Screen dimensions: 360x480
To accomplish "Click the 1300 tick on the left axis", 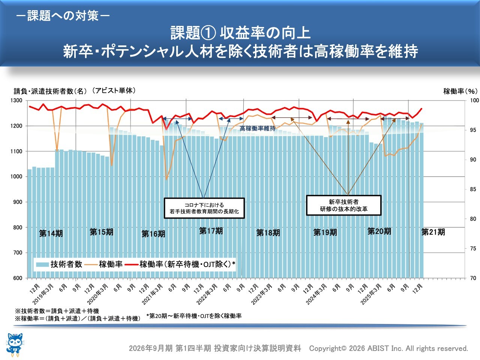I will [16, 100].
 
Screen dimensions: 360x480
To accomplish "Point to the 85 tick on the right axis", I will [473, 189].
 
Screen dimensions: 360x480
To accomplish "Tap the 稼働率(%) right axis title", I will [460, 91].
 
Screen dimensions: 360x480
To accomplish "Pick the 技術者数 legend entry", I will [59, 264].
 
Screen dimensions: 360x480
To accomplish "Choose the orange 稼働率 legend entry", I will [105, 264].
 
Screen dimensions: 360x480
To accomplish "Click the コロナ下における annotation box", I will [204, 208].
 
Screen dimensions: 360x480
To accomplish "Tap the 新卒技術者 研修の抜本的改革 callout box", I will [343, 205].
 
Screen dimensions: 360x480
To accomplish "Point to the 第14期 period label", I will [51, 234].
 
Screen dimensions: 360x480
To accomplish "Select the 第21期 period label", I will [433, 232].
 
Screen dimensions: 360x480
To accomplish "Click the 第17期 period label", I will [211, 231].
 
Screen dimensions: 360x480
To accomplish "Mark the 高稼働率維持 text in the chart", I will [257, 129].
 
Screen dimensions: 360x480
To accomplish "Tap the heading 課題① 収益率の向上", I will [240, 33].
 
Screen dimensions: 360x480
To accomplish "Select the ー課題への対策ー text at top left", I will [63, 16].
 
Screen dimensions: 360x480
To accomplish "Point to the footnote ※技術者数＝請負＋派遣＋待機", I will [57, 311].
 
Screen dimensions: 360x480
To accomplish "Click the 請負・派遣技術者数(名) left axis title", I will [50, 91].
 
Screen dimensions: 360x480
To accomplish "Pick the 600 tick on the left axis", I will [18, 278].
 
